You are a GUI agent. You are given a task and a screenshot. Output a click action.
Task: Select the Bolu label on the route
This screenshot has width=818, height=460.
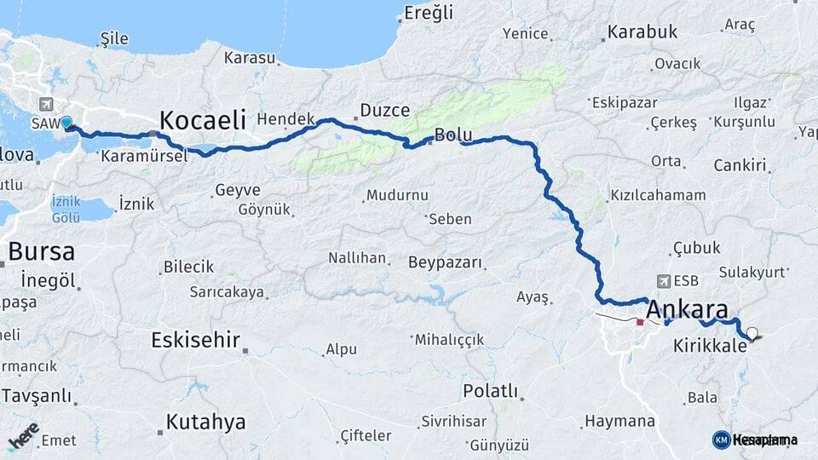(452, 135)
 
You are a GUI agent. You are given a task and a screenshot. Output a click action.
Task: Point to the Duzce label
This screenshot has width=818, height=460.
(384, 110)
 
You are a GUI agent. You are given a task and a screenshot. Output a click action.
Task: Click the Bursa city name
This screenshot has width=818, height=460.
(41, 252)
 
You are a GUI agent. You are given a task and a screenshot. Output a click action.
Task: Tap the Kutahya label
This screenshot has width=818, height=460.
(205, 421)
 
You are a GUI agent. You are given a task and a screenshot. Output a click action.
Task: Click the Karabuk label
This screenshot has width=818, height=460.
(642, 32)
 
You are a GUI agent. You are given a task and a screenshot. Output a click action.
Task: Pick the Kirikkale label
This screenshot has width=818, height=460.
(709, 348)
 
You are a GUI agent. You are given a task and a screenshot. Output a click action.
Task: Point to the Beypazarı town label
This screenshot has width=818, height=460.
(445, 262)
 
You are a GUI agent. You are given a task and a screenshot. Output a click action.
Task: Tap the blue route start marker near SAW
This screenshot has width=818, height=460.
(66, 123)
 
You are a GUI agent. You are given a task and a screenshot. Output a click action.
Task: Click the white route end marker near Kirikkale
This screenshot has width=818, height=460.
(752, 333)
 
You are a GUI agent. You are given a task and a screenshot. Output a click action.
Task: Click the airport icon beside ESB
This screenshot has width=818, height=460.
(664, 280)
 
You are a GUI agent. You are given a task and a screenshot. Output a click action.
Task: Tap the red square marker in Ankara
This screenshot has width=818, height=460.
(640, 322)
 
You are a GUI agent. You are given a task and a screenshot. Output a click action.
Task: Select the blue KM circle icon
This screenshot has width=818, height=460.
(721, 440)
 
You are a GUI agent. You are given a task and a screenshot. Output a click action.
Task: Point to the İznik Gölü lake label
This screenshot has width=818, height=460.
(66, 209)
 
